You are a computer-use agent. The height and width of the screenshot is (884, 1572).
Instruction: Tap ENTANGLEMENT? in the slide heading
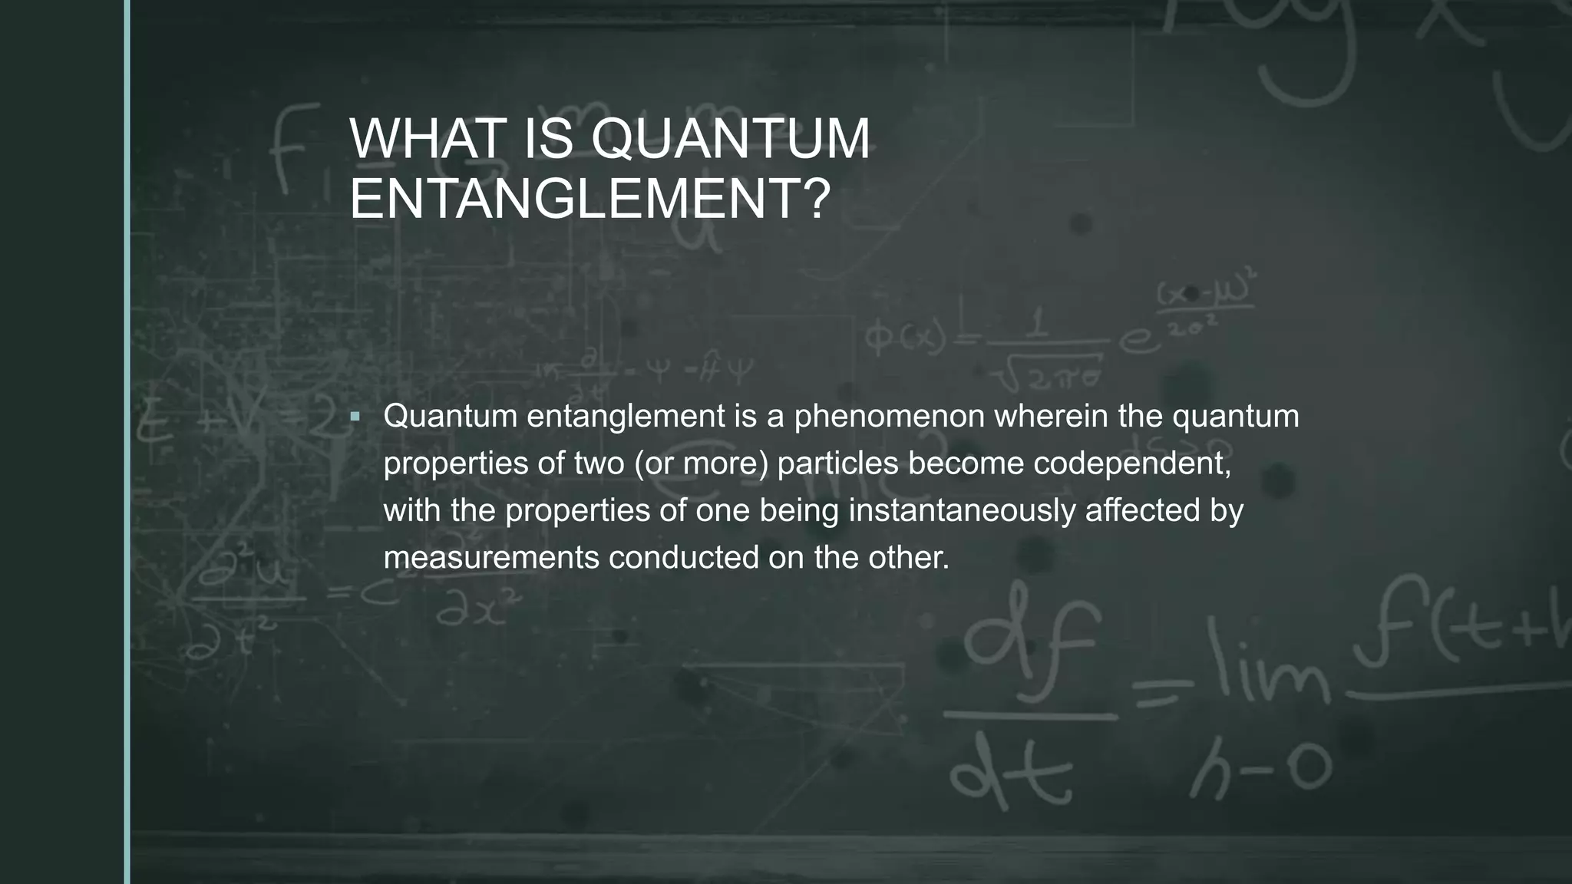tap(589, 199)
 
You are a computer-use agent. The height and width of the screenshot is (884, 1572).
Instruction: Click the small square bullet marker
tap(355, 417)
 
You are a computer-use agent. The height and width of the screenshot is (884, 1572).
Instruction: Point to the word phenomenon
tap(889, 416)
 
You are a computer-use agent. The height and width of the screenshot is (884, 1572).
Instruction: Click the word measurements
tap(491, 558)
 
